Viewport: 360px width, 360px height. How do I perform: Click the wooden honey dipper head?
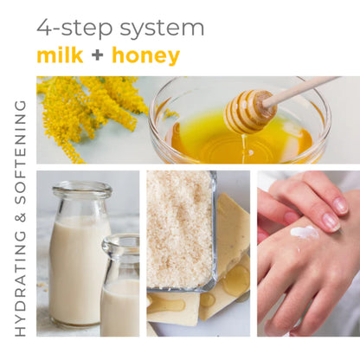pyautogui.click(x=244, y=111)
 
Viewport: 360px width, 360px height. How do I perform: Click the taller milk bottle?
pyautogui.click(x=78, y=260)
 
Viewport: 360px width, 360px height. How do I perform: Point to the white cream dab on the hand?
pyautogui.click(x=304, y=232)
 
